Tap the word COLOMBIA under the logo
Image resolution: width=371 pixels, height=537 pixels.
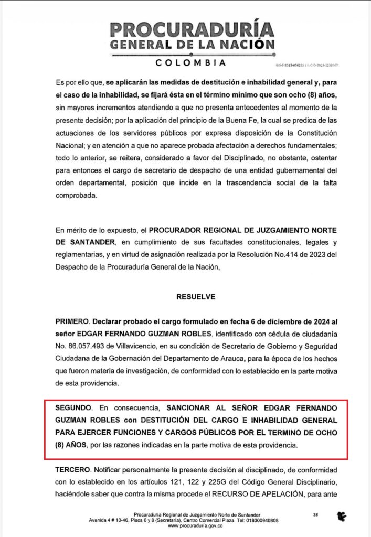click(x=192, y=63)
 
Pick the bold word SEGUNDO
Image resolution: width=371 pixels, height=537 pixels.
click(x=73, y=407)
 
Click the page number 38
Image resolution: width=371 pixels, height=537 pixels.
click(x=315, y=515)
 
